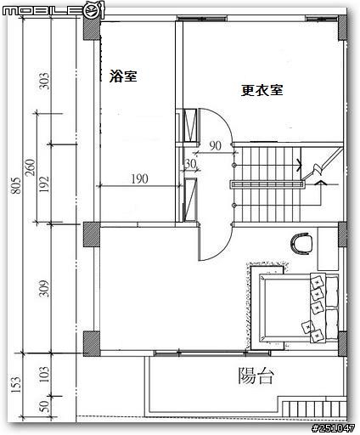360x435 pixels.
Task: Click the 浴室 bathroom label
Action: (123, 76)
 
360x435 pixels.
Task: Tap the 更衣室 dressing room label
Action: (262, 90)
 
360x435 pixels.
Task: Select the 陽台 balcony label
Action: (256, 376)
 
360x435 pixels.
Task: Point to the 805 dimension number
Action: (16, 185)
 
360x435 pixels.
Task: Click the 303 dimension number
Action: (44, 81)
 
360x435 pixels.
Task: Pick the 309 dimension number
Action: (44, 288)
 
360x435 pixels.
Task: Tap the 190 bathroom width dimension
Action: (139, 179)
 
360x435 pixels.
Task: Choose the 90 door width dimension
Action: (215, 146)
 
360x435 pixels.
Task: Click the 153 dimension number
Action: (16, 384)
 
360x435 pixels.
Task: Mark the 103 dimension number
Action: (44, 375)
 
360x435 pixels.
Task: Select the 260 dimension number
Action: (31, 167)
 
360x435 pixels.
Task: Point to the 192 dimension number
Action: (44, 184)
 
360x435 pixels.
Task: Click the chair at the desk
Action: (301, 243)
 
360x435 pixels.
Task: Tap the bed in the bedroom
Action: (295, 308)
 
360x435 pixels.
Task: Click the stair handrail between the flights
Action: (267, 184)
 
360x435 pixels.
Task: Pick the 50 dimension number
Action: (44, 406)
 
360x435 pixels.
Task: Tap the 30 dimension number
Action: (190, 164)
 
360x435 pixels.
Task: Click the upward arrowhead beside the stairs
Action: (320, 184)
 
